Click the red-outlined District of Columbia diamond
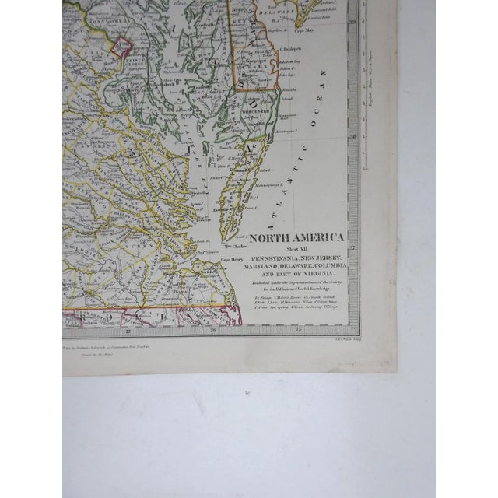tap(121, 47)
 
